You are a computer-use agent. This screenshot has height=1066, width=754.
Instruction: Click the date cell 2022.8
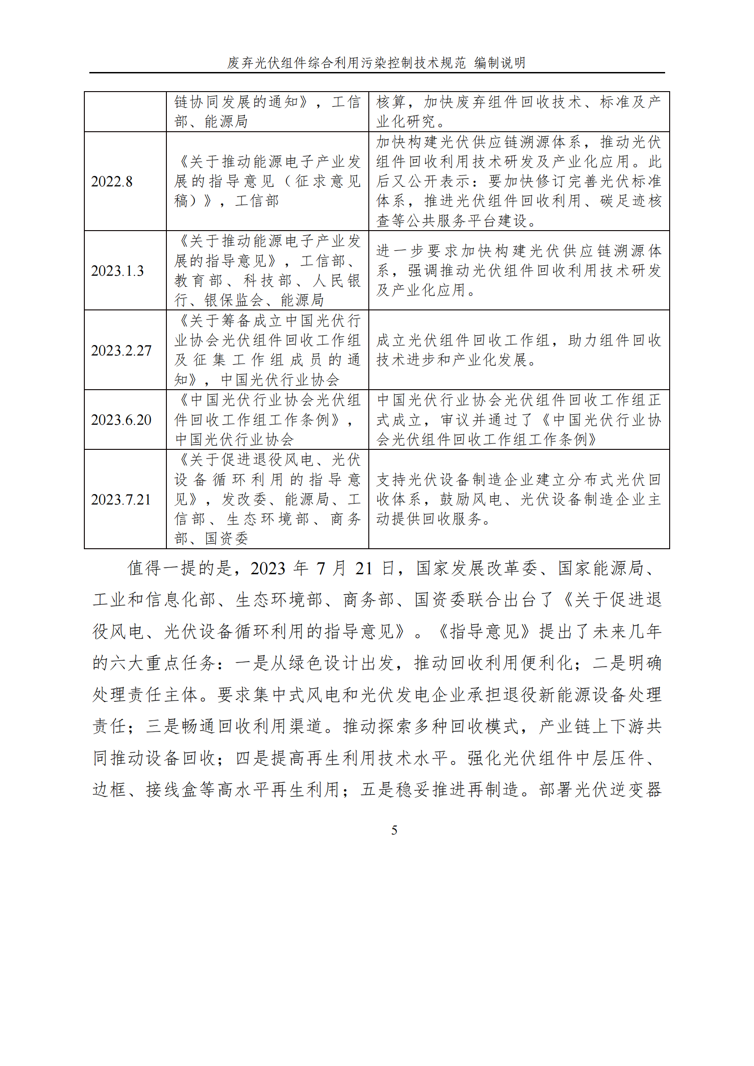pos(111,181)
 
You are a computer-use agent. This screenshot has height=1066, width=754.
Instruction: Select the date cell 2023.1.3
pos(118,271)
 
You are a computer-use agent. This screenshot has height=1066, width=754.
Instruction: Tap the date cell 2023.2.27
pos(121,350)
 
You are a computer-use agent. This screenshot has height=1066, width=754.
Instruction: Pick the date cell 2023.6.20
pos(121,420)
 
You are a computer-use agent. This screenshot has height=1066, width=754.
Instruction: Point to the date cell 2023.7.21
pos(121,500)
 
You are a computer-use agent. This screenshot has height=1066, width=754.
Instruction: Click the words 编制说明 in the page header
pos(500,63)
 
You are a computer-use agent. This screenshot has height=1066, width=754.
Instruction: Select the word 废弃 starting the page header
pos(240,63)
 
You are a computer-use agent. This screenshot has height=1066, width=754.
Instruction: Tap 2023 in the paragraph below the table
pos(268,568)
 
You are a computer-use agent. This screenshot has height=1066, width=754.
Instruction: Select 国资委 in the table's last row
pos(227,539)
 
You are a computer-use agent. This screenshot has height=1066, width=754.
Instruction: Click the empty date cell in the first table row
pos(125,111)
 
